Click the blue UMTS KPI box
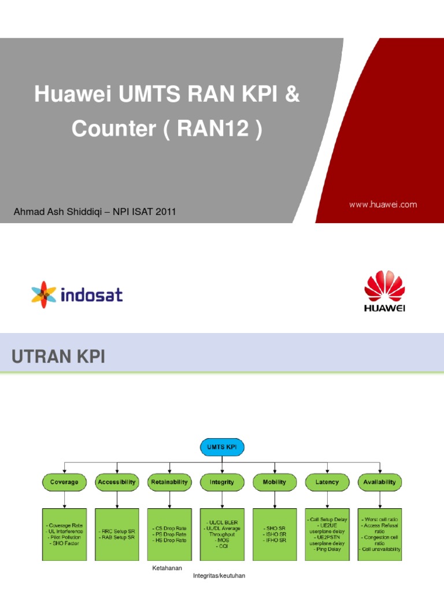(222, 446)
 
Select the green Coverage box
(64, 482)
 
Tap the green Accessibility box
(117, 482)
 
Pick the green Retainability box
(169, 482)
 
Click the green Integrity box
(222, 482)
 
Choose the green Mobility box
(274, 482)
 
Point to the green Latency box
(327, 482)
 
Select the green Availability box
(379, 482)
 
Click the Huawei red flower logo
(384, 287)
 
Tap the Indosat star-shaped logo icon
(43, 295)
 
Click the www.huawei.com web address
(382, 205)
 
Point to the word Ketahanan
(166, 568)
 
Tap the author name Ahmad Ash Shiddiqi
(54, 213)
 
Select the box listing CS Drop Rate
(169, 534)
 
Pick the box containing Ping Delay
(327, 534)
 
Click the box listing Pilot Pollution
(64, 534)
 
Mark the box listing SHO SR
(274, 534)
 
